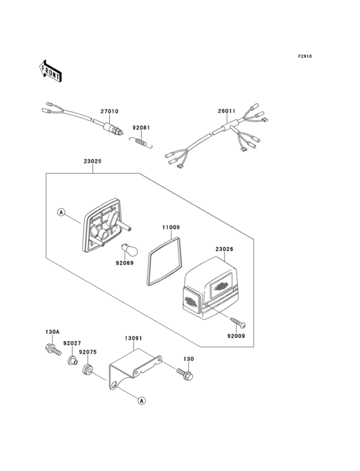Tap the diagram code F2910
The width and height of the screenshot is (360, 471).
click(x=304, y=57)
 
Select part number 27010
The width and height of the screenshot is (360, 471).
click(x=109, y=111)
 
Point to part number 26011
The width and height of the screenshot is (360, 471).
click(x=226, y=111)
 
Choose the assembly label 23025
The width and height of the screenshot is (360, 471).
click(x=93, y=163)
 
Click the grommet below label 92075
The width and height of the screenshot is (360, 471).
click(x=88, y=371)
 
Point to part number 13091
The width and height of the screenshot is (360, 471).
click(x=133, y=337)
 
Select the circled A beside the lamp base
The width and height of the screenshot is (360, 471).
click(x=62, y=212)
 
